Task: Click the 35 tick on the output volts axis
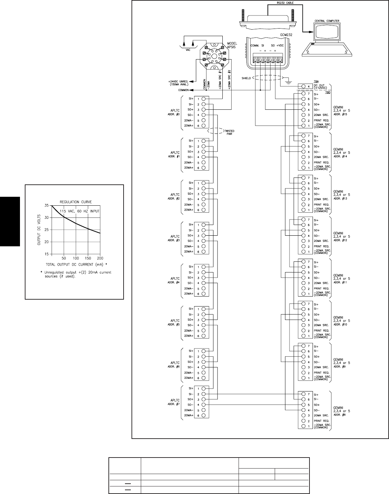46,205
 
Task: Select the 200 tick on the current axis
100,258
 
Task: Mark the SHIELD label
246,78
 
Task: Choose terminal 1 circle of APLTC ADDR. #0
203,99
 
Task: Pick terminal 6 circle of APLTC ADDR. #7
203,416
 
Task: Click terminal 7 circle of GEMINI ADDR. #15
303,94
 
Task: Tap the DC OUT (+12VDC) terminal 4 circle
303,86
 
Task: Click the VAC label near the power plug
188,50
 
